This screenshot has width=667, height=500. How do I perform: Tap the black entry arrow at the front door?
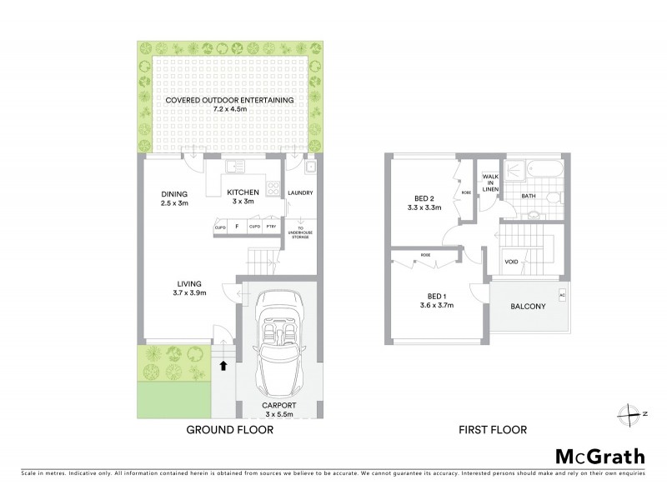pyautogui.click(x=223, y=363)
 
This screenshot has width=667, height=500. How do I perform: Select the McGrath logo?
pyautogui.click(x=599, y=456)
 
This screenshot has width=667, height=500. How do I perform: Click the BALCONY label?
pyautogui.click(x=528, y=307)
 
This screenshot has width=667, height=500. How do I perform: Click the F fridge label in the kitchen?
pyautogui.click(x=237, y=227)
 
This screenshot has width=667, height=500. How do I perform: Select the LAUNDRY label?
pyautogui.click(x=299, y=192)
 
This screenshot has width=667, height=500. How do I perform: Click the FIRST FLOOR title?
pyautogui.click(x=492, y=430)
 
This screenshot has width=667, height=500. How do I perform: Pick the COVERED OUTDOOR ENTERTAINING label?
pyautogui.click(x=229, y=101)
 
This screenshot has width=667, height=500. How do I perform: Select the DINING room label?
pyautogui.click(x=175, y=194)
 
